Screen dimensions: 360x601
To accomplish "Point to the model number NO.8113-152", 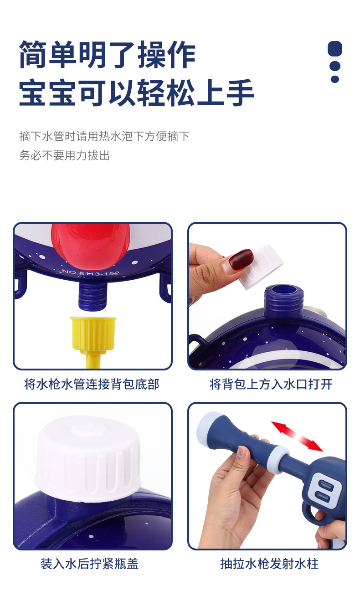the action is click(91, 273).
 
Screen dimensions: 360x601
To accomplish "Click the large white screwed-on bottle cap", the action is click(88, 458).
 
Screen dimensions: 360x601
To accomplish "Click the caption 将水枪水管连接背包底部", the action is click(92, 384).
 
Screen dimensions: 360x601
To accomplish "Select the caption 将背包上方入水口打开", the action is click(271, 384).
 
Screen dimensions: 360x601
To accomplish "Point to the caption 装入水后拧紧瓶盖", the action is click(89, 564).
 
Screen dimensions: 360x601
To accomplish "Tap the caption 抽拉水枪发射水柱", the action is click(269, 564).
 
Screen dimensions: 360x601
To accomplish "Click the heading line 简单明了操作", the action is click(107, 55).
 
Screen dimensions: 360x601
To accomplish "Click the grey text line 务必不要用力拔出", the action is click(64, 156).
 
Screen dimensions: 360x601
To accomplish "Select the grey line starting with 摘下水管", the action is click(104, 136).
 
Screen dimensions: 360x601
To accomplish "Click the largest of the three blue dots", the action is click(335, 49).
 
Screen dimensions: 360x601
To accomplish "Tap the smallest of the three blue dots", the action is click(335, 79).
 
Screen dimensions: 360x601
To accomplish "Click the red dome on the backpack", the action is click(90, 245).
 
